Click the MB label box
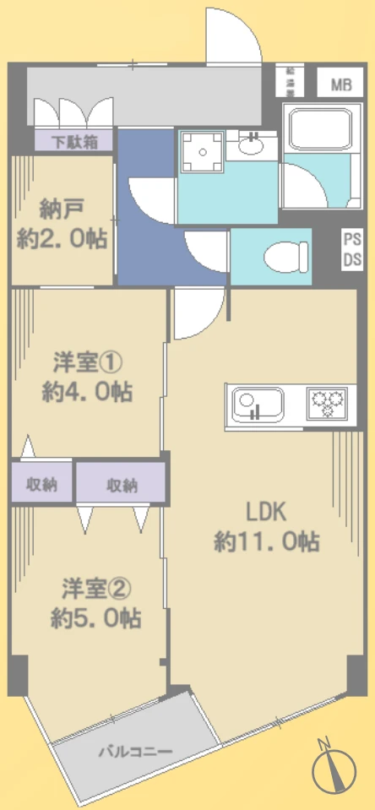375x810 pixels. [x=340, y=84]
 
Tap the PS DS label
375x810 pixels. [x=352, y=251]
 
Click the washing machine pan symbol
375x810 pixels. [x=202, y=151]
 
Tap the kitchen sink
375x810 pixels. [x=253, y=403]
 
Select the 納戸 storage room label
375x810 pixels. [x=62, y=223]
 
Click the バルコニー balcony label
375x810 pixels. [x=135, y=751]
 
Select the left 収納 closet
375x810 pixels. [x=41, y=484]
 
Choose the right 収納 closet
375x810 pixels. [x=122, y=485]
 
